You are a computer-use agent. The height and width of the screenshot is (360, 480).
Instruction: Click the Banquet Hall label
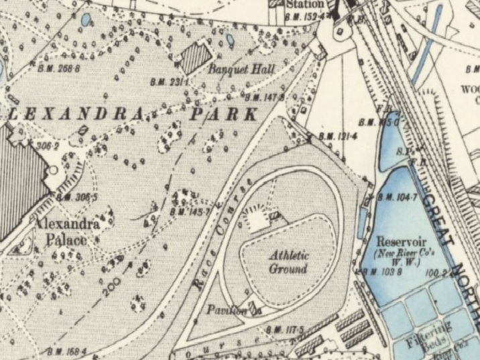233,68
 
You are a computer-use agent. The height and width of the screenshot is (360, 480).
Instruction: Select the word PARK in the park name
223,113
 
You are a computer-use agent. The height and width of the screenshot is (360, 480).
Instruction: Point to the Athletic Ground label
288,262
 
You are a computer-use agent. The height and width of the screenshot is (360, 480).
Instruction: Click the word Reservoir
398,241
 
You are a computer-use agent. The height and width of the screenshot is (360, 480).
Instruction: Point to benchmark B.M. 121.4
337,137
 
